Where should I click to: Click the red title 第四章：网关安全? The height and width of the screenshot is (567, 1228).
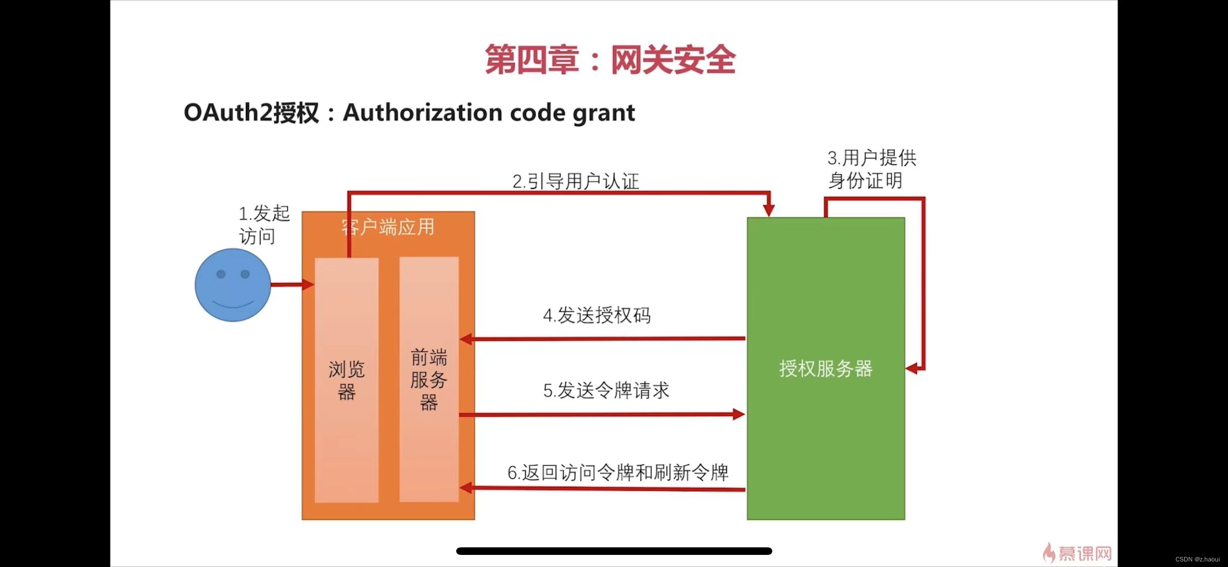[610, 60]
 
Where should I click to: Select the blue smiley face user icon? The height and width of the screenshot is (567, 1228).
[233, 285]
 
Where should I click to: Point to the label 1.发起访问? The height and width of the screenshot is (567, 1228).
[263, 225]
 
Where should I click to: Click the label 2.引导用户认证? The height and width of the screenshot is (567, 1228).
[575, 181]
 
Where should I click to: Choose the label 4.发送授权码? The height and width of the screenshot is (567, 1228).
[596, 316]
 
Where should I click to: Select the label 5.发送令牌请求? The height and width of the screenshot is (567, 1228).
[606, 390]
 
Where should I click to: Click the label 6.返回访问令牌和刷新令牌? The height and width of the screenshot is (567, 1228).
[618, 473]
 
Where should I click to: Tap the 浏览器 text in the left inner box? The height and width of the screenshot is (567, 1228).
[346, 380]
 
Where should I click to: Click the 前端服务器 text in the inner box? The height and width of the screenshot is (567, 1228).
[428, 380]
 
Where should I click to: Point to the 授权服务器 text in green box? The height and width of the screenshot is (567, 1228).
[825, 368]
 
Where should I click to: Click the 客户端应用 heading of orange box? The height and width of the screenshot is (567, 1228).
[387, 227]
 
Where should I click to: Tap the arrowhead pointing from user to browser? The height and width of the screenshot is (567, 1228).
[308, 285]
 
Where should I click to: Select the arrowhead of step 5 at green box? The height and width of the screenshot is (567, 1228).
[739, 414]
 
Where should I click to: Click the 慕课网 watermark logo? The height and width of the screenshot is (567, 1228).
[1078, 553]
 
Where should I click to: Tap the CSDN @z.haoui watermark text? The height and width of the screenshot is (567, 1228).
[1197, 559]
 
